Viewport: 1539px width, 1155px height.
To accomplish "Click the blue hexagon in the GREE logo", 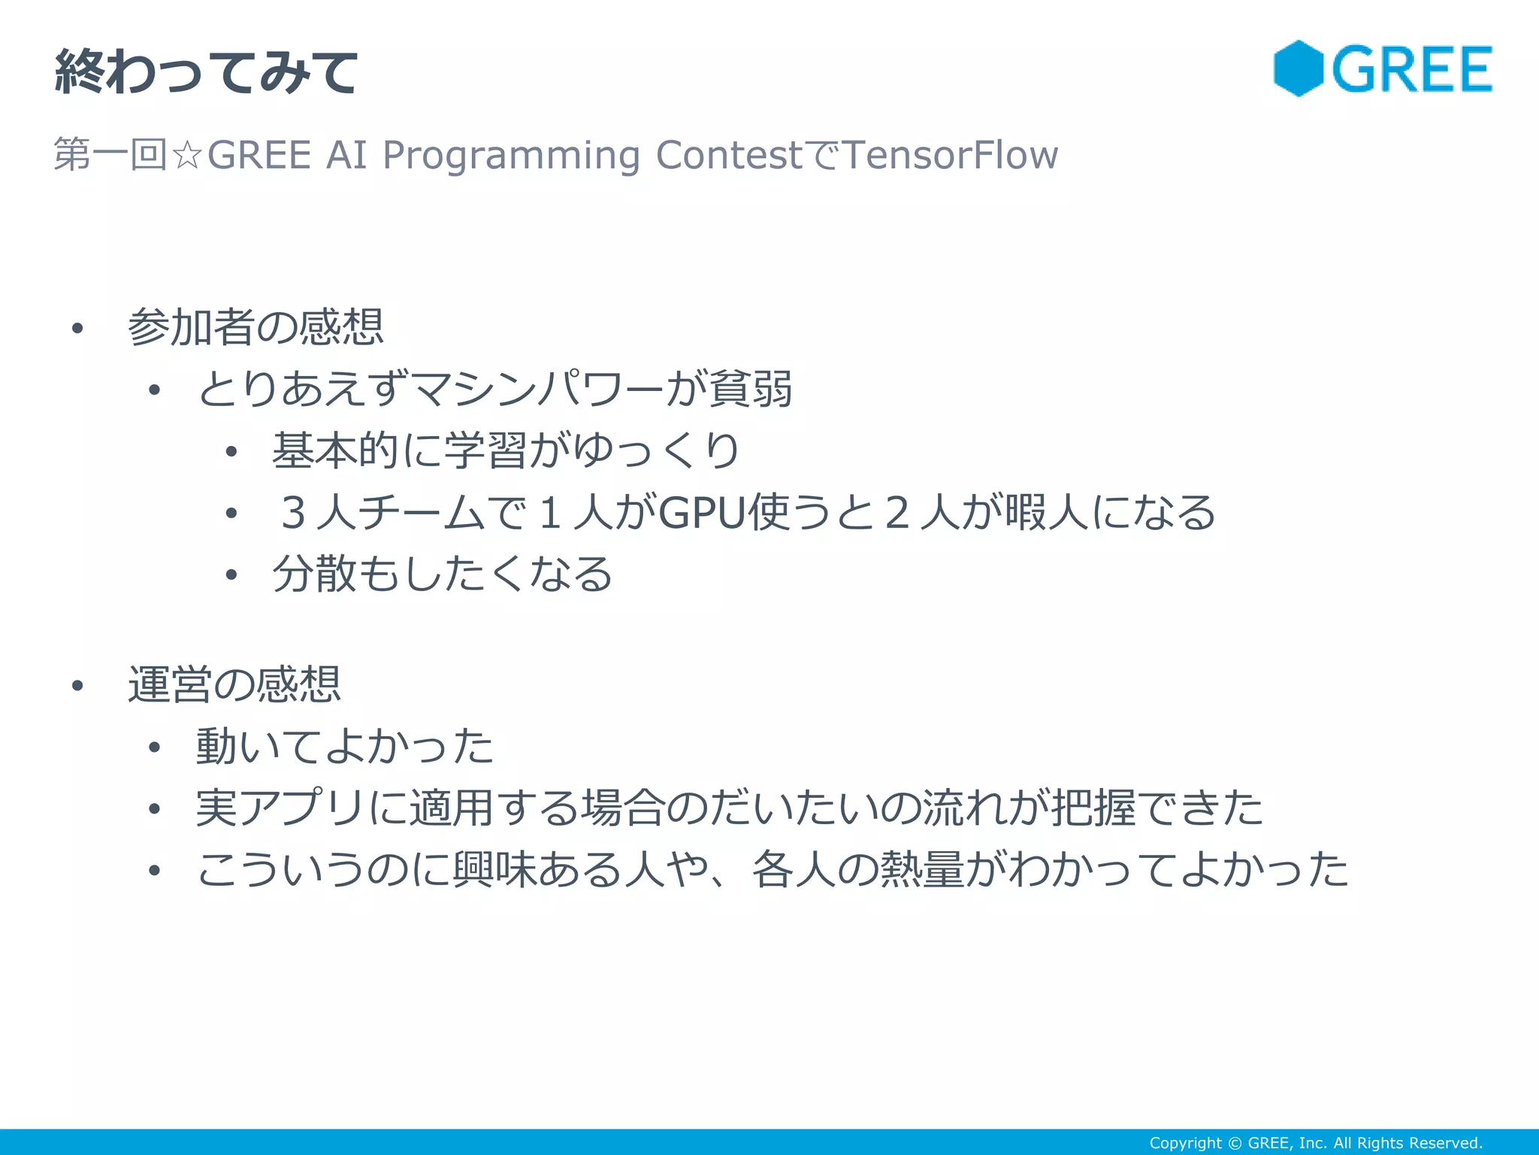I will tap(1298, 68).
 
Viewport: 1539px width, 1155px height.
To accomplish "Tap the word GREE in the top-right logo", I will tap(1412, 69).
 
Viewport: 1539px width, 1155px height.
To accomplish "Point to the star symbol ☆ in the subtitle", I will tap(186, 156).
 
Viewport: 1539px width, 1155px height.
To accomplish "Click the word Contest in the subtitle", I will tap(729, 155).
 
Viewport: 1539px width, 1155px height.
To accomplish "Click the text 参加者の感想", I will tap(255, 328).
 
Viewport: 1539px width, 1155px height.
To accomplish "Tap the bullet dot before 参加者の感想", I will tap(77, 329).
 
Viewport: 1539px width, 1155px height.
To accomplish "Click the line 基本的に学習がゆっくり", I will tap(505, 451).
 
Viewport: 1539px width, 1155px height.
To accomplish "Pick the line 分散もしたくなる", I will tap(442, 574).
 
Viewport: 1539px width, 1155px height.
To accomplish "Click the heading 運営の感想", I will tap(234, 685).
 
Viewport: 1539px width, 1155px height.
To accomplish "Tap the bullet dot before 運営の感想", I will tap(77, 686).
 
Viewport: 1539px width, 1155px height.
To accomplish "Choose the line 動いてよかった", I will tap(344, 747).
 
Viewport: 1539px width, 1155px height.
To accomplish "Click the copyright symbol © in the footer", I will tap(1235, 1143).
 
